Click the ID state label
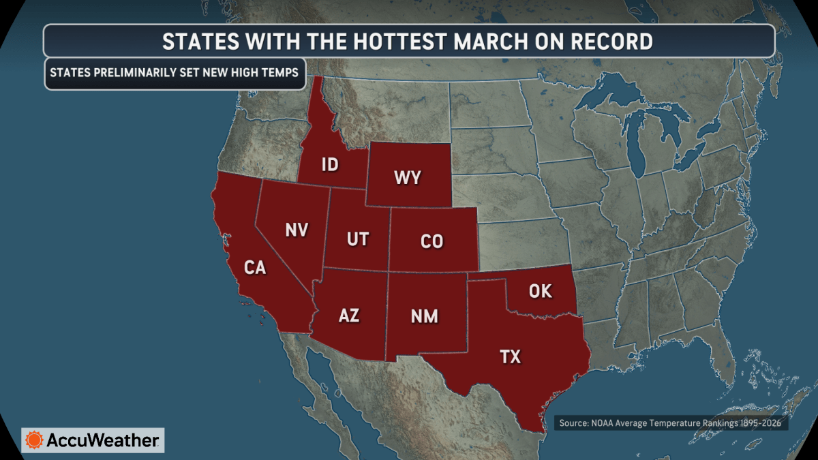click(x=330, y=164)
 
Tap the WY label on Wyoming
click(x=408, y=179)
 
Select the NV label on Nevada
click(x=297, y=230)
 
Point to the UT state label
click(x=357, y=239)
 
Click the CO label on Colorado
click(x=431, y=241)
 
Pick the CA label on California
click(x=255, y=268)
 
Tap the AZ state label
click(x=349, y=315)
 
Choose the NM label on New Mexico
click(x=424, y=316)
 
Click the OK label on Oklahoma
click(x=541, y=292)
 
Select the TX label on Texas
click(x=510, y=356)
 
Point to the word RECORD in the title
click(x=609, y=42)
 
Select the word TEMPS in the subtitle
click(x=279, y=72)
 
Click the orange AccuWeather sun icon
click(x=34, y=440)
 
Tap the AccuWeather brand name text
click(x=102, y=440)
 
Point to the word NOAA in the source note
click(x=610, y=423)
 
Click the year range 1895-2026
click(x=757, y=423)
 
